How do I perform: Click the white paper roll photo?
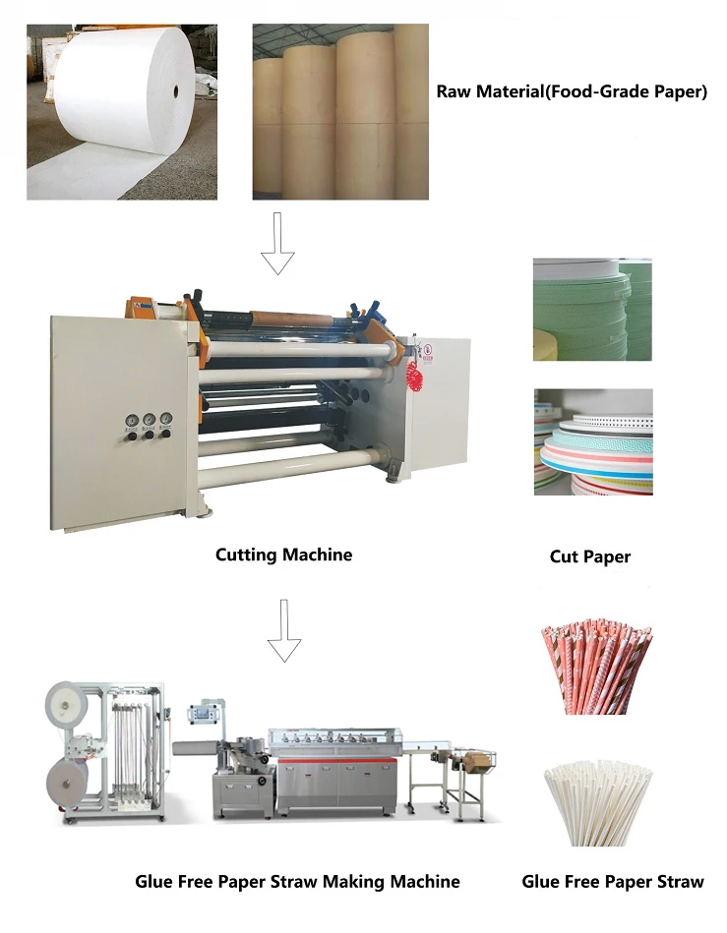pos(121,111)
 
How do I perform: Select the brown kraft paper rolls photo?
pos(340,111)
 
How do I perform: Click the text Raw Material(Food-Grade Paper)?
pos(572,92)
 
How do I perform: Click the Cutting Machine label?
pos(283,555)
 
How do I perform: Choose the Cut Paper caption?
pos(590,557)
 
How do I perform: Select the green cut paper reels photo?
pos(592,309)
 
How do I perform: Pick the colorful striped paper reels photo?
pos(592,441)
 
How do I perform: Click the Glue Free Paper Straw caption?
pos(613,882)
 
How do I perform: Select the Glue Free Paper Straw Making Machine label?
pos(297,881)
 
